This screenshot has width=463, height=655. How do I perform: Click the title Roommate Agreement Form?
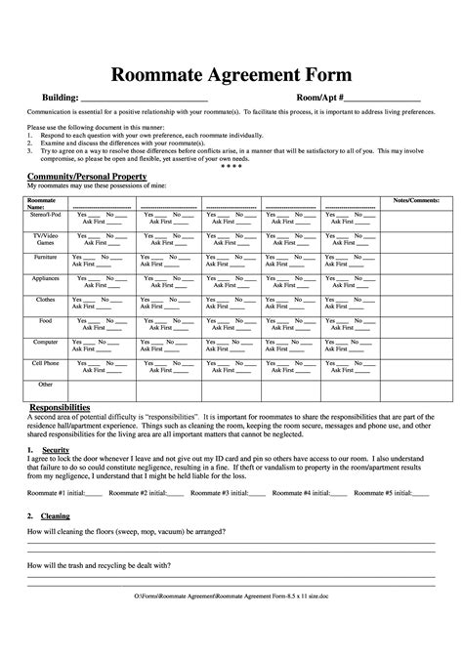click(231, 75)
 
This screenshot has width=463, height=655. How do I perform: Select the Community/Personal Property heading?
click(86, 176)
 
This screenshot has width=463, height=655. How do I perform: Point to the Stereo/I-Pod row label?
click(47, 214)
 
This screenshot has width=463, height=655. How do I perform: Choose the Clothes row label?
click(45, 299)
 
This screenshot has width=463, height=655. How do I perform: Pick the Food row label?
click(45, 320)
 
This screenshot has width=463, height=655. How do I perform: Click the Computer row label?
click(46, 342)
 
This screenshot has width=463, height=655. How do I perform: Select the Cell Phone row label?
click(46, 363)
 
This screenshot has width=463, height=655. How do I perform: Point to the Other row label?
click(45, 385)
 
